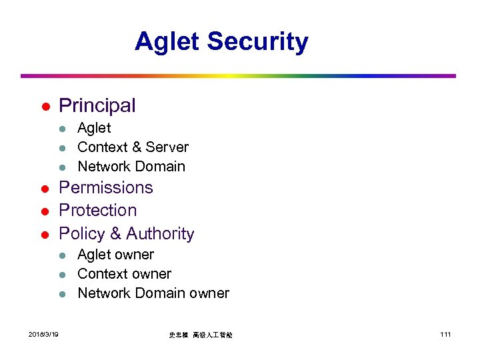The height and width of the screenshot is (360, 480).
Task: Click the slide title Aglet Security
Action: (x=221, y=41)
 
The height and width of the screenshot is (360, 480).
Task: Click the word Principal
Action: (x=97, y=105)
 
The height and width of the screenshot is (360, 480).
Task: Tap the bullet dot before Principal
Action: (x=44, y=107)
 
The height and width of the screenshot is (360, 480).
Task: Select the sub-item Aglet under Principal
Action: (x=94, y=128)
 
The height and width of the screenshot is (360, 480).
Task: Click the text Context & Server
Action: (x=133, y=147)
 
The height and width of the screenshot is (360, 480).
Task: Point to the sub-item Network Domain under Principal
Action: (x=131, y=167)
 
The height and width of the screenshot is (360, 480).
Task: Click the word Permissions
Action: (x=106, y=188)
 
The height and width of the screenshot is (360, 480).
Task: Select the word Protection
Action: (x=98, y=211)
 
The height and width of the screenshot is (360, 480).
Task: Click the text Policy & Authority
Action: (x=127, y=234)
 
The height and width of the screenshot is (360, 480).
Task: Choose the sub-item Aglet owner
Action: (x=115, y=255)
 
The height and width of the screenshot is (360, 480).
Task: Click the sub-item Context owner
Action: (x=124, y=274)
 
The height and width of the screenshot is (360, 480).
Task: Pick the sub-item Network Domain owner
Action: (x=153, y=293)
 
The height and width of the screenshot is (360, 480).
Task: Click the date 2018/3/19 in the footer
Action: (x=43, y=334)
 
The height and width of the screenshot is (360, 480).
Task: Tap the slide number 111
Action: (x=445, y=334)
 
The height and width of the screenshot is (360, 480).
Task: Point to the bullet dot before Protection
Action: (x=44, y=212)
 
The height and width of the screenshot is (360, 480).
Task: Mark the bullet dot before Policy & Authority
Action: (x=44, y=235)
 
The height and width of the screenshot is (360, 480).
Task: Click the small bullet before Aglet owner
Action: (x=62, y=256)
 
